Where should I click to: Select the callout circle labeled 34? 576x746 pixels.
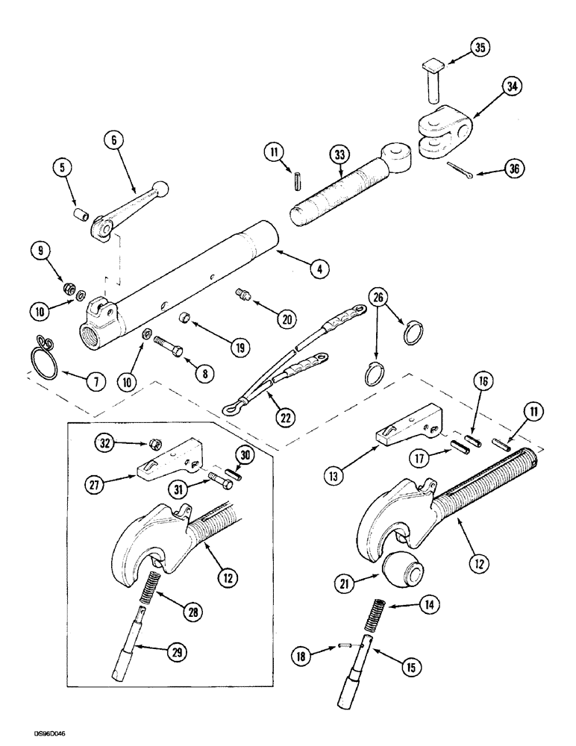point(512,87)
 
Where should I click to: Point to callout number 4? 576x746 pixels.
point(319,269)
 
